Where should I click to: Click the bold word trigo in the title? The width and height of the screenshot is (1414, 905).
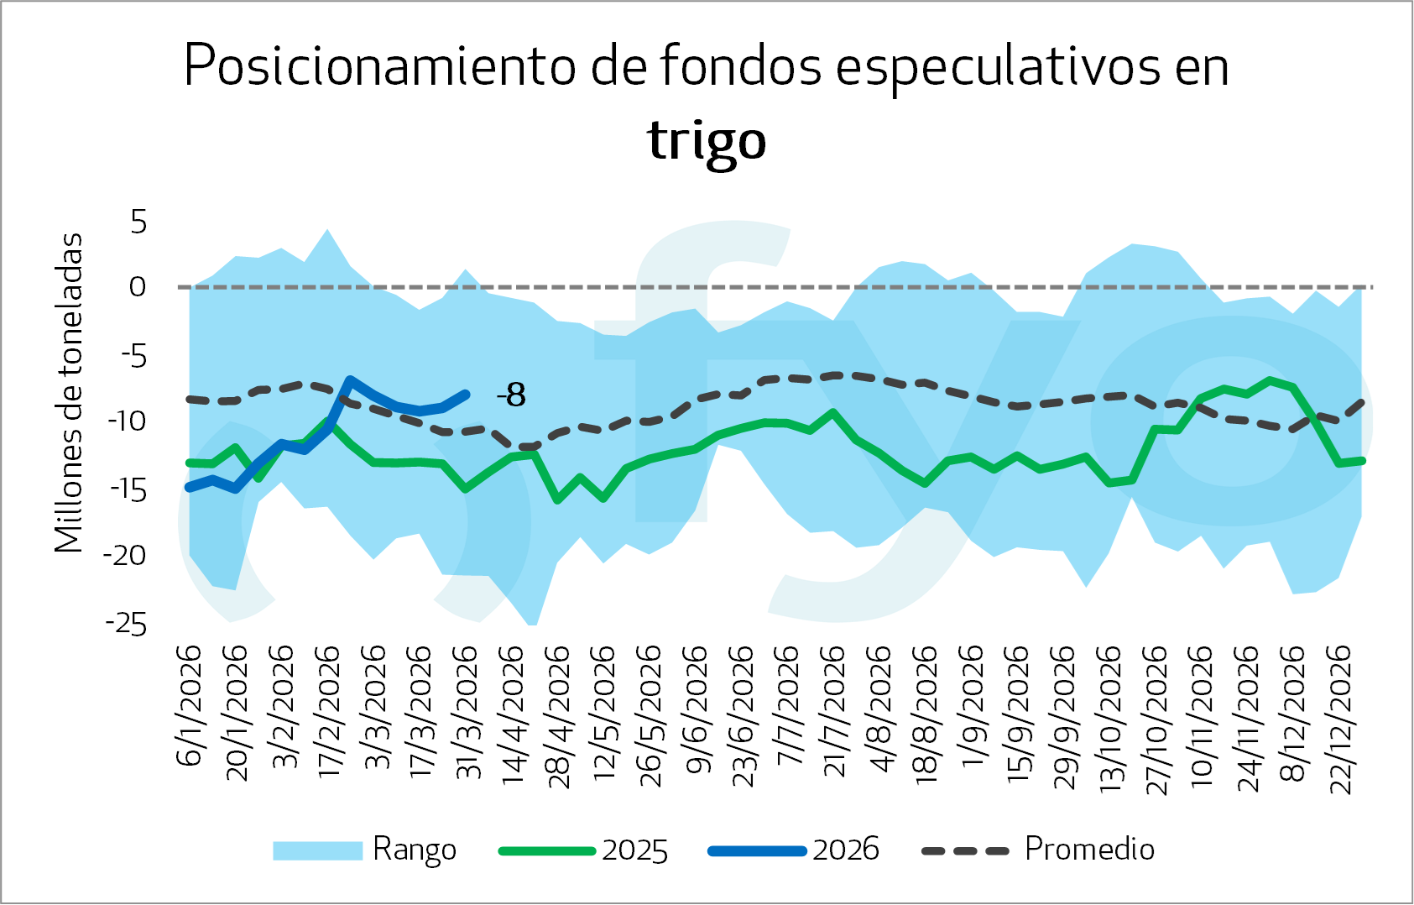pos(707,141)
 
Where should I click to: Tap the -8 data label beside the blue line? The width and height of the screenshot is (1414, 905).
pos(511,395)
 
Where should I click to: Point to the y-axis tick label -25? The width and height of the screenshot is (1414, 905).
pos(126,624)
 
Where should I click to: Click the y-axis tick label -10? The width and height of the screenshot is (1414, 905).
pos(126,421)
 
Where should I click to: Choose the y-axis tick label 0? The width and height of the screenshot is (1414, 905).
pos(138,287)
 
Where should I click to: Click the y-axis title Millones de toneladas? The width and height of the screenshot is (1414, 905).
pos(69,393)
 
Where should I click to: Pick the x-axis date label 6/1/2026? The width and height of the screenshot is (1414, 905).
pos(190,706)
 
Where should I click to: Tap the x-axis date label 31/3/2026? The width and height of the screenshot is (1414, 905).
pos(467,712)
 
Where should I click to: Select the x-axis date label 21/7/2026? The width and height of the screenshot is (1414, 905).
pos(832,712)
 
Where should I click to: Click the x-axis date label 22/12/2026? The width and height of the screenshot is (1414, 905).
pos(1342,719)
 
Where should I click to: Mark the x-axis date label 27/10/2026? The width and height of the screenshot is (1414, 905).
pos(1158,719)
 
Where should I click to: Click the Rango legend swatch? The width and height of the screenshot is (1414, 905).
pos(317,850)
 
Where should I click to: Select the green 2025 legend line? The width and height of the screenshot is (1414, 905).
pos(546,850)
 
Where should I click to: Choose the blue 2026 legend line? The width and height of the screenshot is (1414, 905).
pos(757,850)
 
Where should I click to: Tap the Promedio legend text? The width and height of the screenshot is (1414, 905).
pos(1089,849)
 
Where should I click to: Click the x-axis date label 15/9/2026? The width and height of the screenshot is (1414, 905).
pos(1018,712)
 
